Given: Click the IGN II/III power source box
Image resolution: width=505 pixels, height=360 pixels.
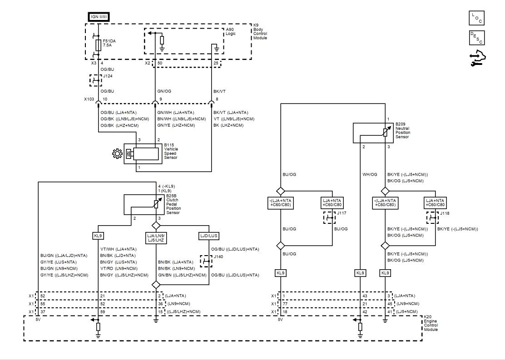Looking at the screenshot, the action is tap(99, 17).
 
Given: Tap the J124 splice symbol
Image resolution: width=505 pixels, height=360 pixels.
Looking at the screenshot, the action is tap(95, 80).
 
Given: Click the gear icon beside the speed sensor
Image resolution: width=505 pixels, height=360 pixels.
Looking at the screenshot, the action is tap(117, 153).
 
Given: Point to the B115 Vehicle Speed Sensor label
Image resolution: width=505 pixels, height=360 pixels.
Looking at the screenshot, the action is tap(171, 151).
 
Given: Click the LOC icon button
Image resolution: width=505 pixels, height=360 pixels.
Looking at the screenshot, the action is tap(476, 18).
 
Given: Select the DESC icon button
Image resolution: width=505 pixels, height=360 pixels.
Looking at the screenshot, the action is tap(476, 38).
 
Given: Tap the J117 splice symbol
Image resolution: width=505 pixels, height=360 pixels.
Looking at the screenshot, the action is tap(329, 218).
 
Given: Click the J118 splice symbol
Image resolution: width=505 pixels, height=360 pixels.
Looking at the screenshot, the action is tap(432, 218).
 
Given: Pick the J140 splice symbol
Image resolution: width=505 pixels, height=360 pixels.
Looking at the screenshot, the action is tap(206, 261).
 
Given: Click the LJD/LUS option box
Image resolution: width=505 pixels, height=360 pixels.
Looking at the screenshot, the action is tap(209, 236).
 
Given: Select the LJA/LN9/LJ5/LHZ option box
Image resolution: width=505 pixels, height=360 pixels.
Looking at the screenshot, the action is tap(156, 238).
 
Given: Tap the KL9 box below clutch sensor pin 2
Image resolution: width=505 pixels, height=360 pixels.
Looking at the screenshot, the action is tap(98, 236).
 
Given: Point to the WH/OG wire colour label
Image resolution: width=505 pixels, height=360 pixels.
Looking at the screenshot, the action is tap(370, 174).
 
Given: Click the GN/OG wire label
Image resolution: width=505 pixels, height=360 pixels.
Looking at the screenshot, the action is tap(164, 91).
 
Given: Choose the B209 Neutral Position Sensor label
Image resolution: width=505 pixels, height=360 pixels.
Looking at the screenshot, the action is tap(402, 130).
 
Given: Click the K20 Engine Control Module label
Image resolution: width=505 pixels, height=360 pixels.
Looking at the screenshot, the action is tap(431, 323).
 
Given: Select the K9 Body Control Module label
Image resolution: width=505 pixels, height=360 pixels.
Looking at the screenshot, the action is tap(260, 32).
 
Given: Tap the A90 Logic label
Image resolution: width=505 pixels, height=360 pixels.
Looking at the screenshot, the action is tap(231, 32).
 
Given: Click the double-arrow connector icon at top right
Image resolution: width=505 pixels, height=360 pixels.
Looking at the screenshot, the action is tap(478, 58).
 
